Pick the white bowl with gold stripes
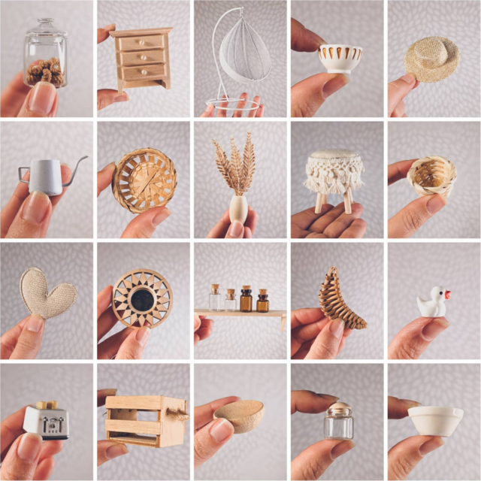pos(340,58)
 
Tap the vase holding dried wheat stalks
pos(237,207)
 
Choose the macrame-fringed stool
pos(334,177)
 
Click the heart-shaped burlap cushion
pos(46,293)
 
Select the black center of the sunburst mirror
pos(142,299)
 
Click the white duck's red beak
pos(447,295)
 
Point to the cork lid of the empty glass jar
pos(338,408)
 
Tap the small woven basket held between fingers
pos(431,176)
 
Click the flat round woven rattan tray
pos(144,180)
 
